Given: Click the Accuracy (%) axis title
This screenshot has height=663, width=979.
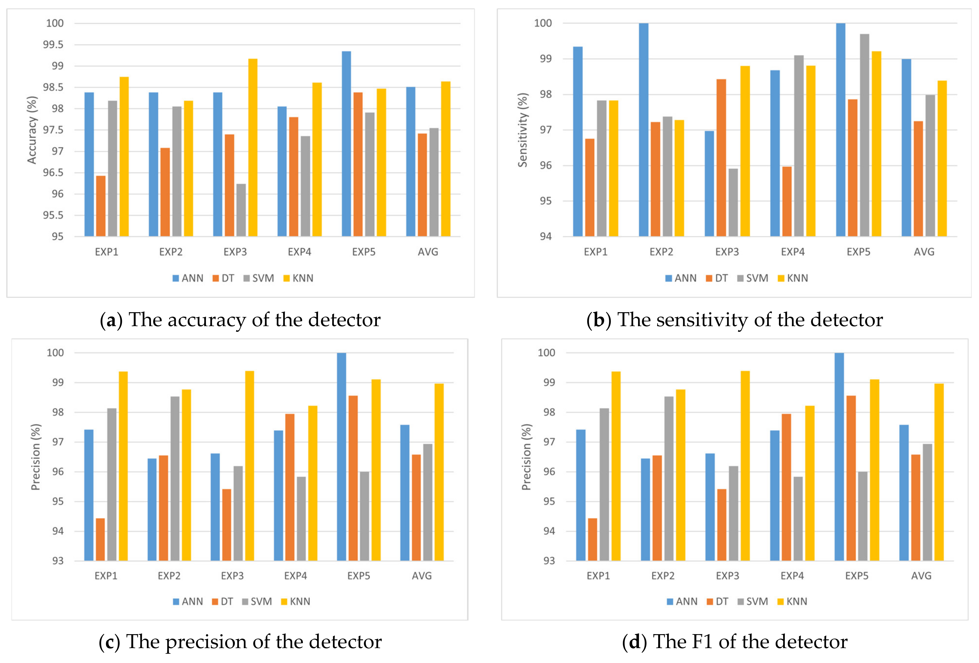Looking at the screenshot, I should coord(32,130).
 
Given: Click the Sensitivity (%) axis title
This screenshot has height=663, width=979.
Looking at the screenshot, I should coord(522,130).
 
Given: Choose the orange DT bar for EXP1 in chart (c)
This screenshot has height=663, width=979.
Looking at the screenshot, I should coord(100,540).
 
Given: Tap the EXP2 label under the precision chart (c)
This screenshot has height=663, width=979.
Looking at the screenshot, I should coord(169,576).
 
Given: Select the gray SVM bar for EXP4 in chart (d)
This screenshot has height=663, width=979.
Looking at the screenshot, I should coord(798,519).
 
